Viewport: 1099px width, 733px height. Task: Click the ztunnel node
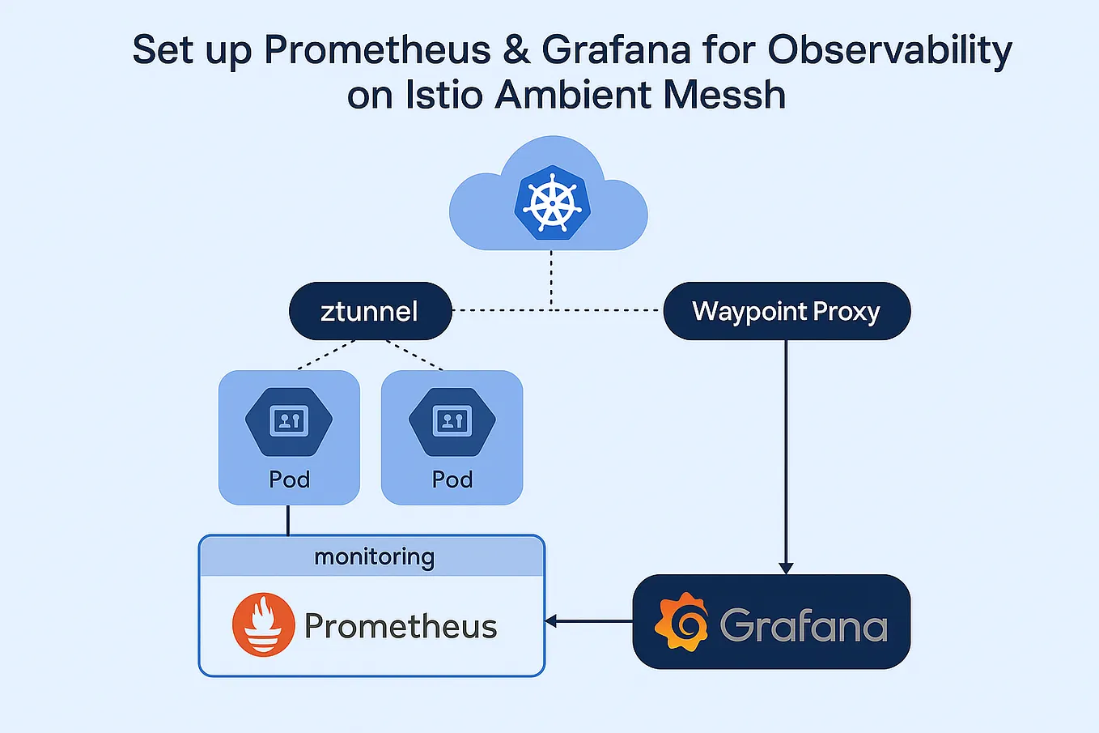370,311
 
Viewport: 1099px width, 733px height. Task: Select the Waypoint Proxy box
786,311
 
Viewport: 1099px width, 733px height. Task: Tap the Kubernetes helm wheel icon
552,202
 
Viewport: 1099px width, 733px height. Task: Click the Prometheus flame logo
263,624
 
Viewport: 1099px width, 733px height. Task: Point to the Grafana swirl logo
681,622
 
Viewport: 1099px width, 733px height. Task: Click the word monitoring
374,557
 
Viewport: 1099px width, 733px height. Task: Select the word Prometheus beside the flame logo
401,626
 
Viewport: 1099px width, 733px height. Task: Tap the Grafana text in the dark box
803,625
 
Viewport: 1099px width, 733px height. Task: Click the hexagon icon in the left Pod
289,421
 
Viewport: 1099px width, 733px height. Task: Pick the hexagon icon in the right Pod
452,421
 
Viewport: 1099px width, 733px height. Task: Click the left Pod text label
289,479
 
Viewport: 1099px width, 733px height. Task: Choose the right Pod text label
452,479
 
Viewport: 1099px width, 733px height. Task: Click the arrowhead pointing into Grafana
786,568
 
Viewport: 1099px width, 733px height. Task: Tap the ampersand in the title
516,50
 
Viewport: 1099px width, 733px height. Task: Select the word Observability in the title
889,50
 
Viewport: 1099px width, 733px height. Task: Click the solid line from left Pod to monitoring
288,520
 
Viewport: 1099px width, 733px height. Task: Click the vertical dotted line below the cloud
551,279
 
